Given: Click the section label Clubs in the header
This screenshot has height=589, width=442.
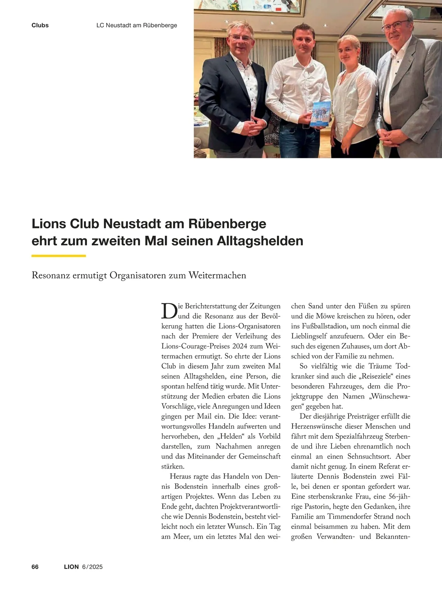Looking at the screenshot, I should point(40,25).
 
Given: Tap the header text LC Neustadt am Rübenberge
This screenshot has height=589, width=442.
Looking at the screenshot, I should point(137,25).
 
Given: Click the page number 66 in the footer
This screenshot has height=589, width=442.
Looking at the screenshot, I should point(35,567).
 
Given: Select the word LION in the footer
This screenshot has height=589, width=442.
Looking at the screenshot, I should point(71,567).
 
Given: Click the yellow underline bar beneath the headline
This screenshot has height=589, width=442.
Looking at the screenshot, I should point(59,256).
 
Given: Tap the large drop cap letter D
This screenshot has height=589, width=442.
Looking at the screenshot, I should point(169,311).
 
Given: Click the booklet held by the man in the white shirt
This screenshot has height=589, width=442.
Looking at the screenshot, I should point(321,114).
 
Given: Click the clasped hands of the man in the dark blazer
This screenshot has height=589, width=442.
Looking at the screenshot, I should point(251,128).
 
